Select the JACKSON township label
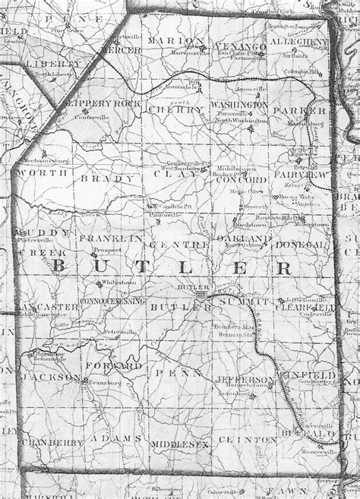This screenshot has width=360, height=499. coord(49,377)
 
